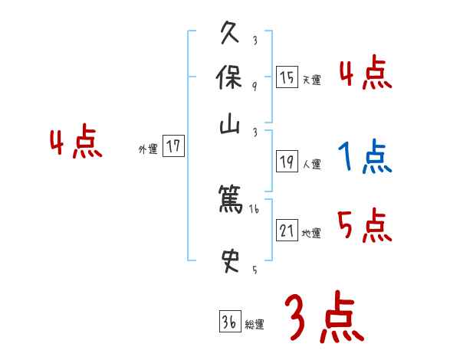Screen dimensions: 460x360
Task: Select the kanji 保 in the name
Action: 231,80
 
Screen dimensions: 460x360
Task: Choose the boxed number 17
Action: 174,146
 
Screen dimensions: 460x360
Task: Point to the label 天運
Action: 311,80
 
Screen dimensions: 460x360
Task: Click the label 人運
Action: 311,163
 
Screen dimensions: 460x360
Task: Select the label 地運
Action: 311,232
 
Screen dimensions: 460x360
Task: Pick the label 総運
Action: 254,325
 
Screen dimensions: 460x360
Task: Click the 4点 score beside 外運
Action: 76,143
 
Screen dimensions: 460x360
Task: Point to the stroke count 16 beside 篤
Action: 255,208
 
